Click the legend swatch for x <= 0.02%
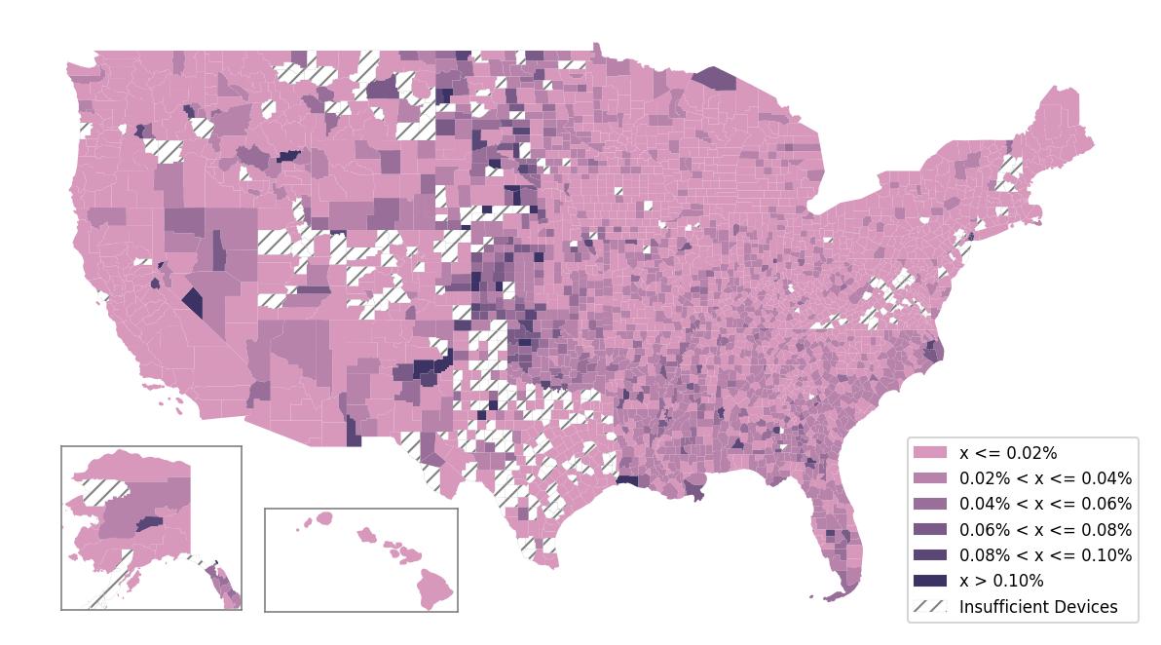pyautogui.click(x=929, y=453)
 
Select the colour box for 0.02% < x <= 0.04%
pyautogui.click(x=929, y=478)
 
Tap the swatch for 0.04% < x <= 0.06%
pyautogui.click(x=929, y=504)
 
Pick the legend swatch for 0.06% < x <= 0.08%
pyautogui.click(x=929, y=530)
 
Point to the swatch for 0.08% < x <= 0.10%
pyautogui.click(x=929, y=555)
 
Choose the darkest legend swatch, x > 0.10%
pyautogui.click(x=929, y=581)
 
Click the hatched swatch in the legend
pyautogui.click(x=929, y=606)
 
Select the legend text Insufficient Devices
pyautogui.click(x=1038, y=607)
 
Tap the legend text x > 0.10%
pyautogui.click(x=1001, y=581)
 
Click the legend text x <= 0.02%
pyautogui.click(x=1008, y=453)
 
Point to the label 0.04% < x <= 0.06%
pyautogui.click(x=1045, y=504)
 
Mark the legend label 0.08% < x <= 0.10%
pyautogui.click(x=1045, y=555)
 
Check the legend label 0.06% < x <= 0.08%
pyautogui.click(x=1045, y=530)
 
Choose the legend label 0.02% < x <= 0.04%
pyautogui.click(x=1045, y=478)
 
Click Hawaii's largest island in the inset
pyautogui.click(x=435, y=587)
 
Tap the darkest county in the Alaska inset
pyautogui.click(x=149, y=523)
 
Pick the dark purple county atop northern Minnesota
pyautogui.click(x=716, y=78)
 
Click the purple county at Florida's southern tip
pyautogui.click(x=839, y=591)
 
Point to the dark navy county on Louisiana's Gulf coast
pyautogui.click(x=627, y=480)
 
